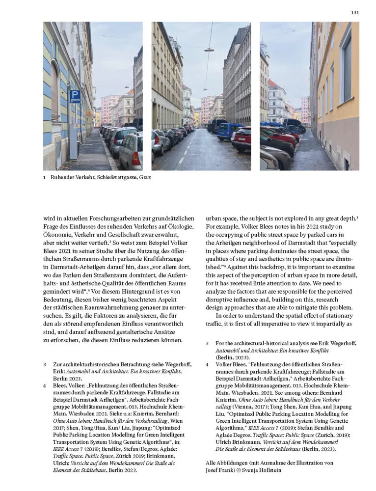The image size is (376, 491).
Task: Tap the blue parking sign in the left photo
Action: click(x=75, y=96)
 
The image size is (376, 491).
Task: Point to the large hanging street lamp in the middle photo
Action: click(x=209, y=49)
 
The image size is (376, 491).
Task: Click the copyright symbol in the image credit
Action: click(x=242, y=470)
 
